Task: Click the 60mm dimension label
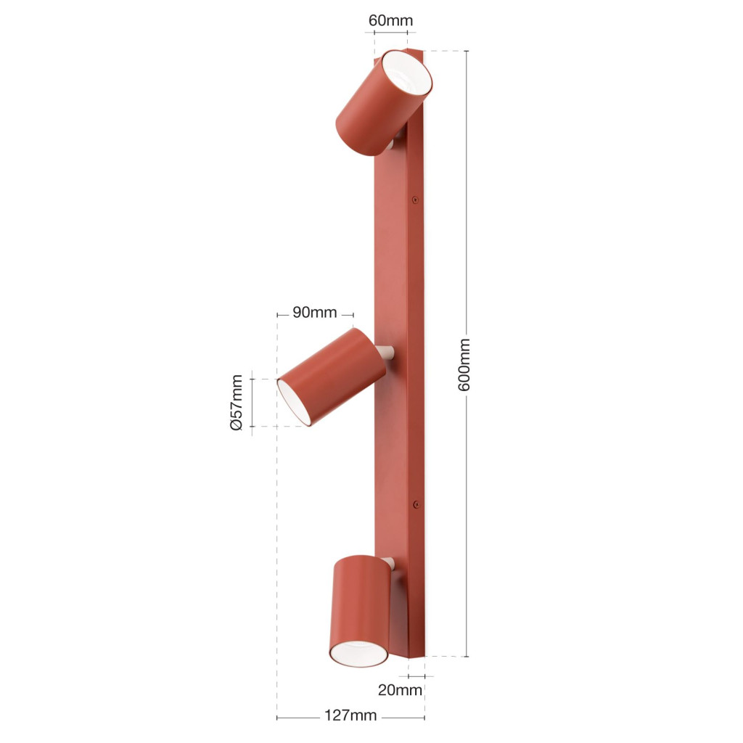(x=390, y=20)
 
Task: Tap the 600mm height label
(x=464, y=364)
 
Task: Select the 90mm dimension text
(x=315, y=312)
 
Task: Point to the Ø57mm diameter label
(x=237, y=402)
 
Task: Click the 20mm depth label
(x=400, y=690)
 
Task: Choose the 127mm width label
(x=350, y=715)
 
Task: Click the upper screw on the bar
(x=415, y=200)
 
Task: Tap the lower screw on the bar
(x=416, y=505)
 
